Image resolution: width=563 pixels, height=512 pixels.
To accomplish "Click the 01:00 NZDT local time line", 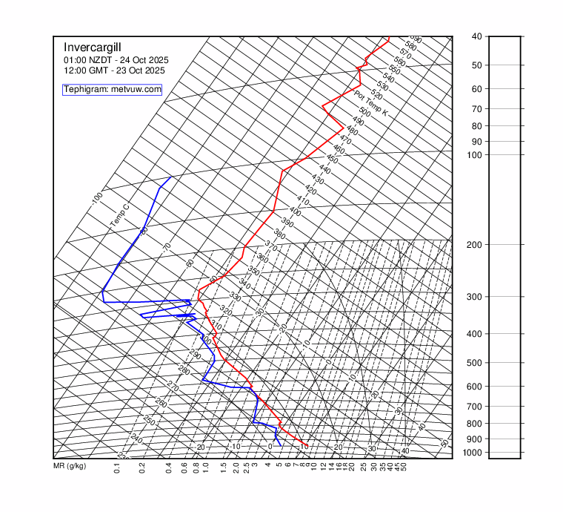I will pyautogui.click(x=116, y=59).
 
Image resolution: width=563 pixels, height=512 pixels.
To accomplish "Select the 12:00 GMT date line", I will pyautogui.click(x=114, y=70).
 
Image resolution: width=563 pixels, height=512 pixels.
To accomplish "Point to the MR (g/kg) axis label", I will pyautogui.click(x=70, y=467).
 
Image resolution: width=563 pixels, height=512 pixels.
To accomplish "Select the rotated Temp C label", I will pyautogui.click(x=119, y=216).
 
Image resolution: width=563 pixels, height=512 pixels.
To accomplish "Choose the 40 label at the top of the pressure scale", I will pyautogui.click(x=476, y=36).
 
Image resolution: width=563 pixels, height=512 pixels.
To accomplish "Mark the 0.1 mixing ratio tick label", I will pyautogui.click(x=117, y=468).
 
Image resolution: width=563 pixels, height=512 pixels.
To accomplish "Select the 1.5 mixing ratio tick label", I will pyautogui.click(x=223, y=468).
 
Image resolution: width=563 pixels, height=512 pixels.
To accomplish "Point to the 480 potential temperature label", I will pyautogui.click(x=352, y=131).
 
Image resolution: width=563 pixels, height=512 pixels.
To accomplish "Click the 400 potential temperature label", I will pyautogui.click(x=295, y=211).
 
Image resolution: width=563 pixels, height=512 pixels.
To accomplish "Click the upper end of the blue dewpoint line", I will pyautogui.click(x=171, y=177).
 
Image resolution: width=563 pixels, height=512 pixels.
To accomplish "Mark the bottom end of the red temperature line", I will pyautogui.click(x=307, y=445).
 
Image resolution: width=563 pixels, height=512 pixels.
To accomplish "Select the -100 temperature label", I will pyautogui.click(x=97, y=199).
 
